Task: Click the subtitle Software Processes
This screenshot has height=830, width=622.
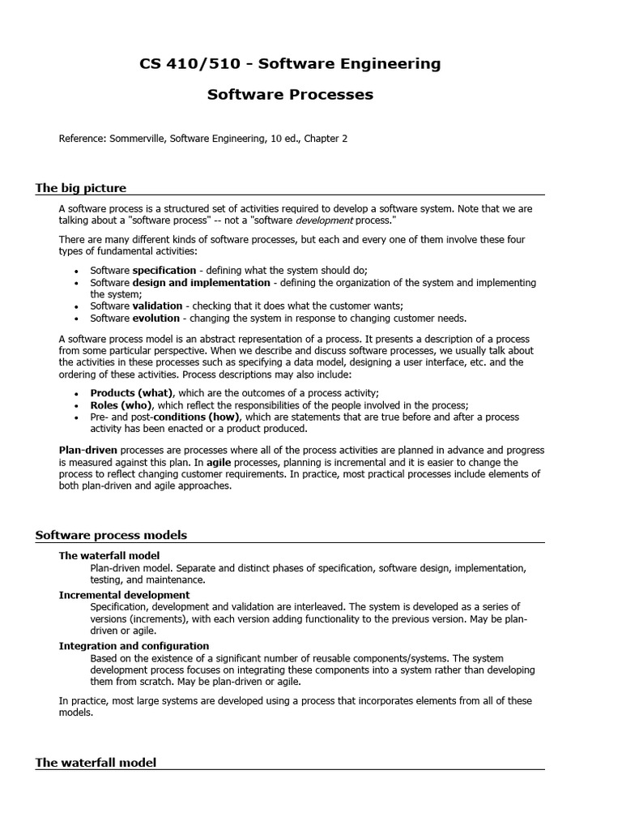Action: tap(290, 95)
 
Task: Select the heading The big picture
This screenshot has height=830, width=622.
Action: tap(81, 188)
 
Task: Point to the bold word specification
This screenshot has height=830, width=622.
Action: tap(164, 271)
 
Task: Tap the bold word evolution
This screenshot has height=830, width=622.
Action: tap(156, 319)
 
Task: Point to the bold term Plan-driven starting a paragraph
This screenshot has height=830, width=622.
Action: tap(87, 450)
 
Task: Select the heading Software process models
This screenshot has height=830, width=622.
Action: tap(111, 535)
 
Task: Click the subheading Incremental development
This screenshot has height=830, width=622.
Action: tap(124, 595)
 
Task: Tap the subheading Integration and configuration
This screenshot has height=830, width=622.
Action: tap(134, 646)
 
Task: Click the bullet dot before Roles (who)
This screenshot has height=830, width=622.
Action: tap(76, 405)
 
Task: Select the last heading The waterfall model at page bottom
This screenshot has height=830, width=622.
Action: tap(96, 763)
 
